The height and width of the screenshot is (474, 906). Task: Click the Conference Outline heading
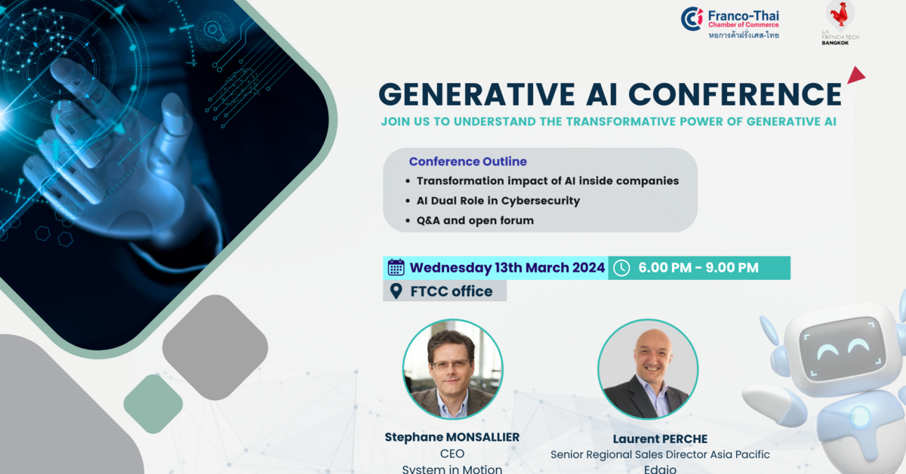(x=467, y=162)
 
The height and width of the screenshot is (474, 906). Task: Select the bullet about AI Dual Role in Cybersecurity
(x=498, y=201)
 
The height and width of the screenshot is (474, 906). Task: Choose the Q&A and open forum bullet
(x=475, y=220)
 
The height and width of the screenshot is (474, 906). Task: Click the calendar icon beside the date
(x=396, y=267)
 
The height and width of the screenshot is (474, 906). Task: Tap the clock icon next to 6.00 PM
(x=621, y=268)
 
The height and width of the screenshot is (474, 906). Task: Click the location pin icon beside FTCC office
(x=396, y=291)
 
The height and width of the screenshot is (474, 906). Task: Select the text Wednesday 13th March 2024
(x=507, y=268)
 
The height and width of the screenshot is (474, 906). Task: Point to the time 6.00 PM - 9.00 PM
(x=698, y=268)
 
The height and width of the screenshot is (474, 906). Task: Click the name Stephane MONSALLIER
(x=451, y=437)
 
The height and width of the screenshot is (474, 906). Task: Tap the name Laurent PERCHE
(x=659, y=438)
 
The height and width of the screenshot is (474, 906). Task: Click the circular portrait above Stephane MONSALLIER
(x=452, y=369)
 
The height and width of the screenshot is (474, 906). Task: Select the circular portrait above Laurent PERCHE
(x=647, y=369)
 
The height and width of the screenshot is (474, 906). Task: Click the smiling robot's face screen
(x=841, y=349)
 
